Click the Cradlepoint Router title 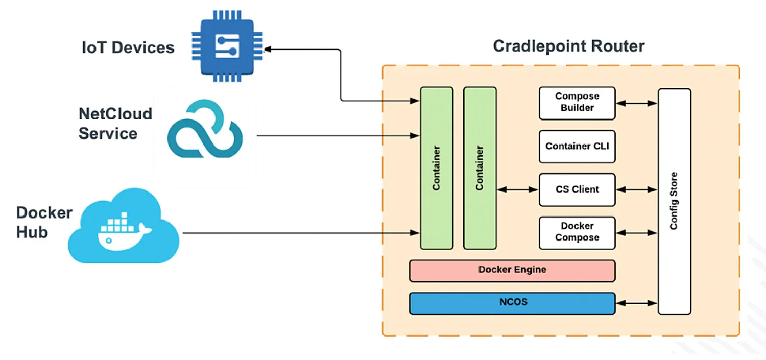(x=568, y=46)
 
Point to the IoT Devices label (x=128, y=48)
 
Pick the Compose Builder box (x=577, y=103)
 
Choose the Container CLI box (x=577, y=146)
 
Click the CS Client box (x=577, y=189)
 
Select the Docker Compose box (x=577, y=232)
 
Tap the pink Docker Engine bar (x=512, y=270)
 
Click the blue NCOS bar (x=512, y=303)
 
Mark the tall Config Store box (x=674, y=201)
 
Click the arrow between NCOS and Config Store (x=636, y=303)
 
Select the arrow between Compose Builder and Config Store (x=636, y=103)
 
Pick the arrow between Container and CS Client (x=517, y=189)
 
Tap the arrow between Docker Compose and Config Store (x=636, y=233)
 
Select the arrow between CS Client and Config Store (x=636, y=189)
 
